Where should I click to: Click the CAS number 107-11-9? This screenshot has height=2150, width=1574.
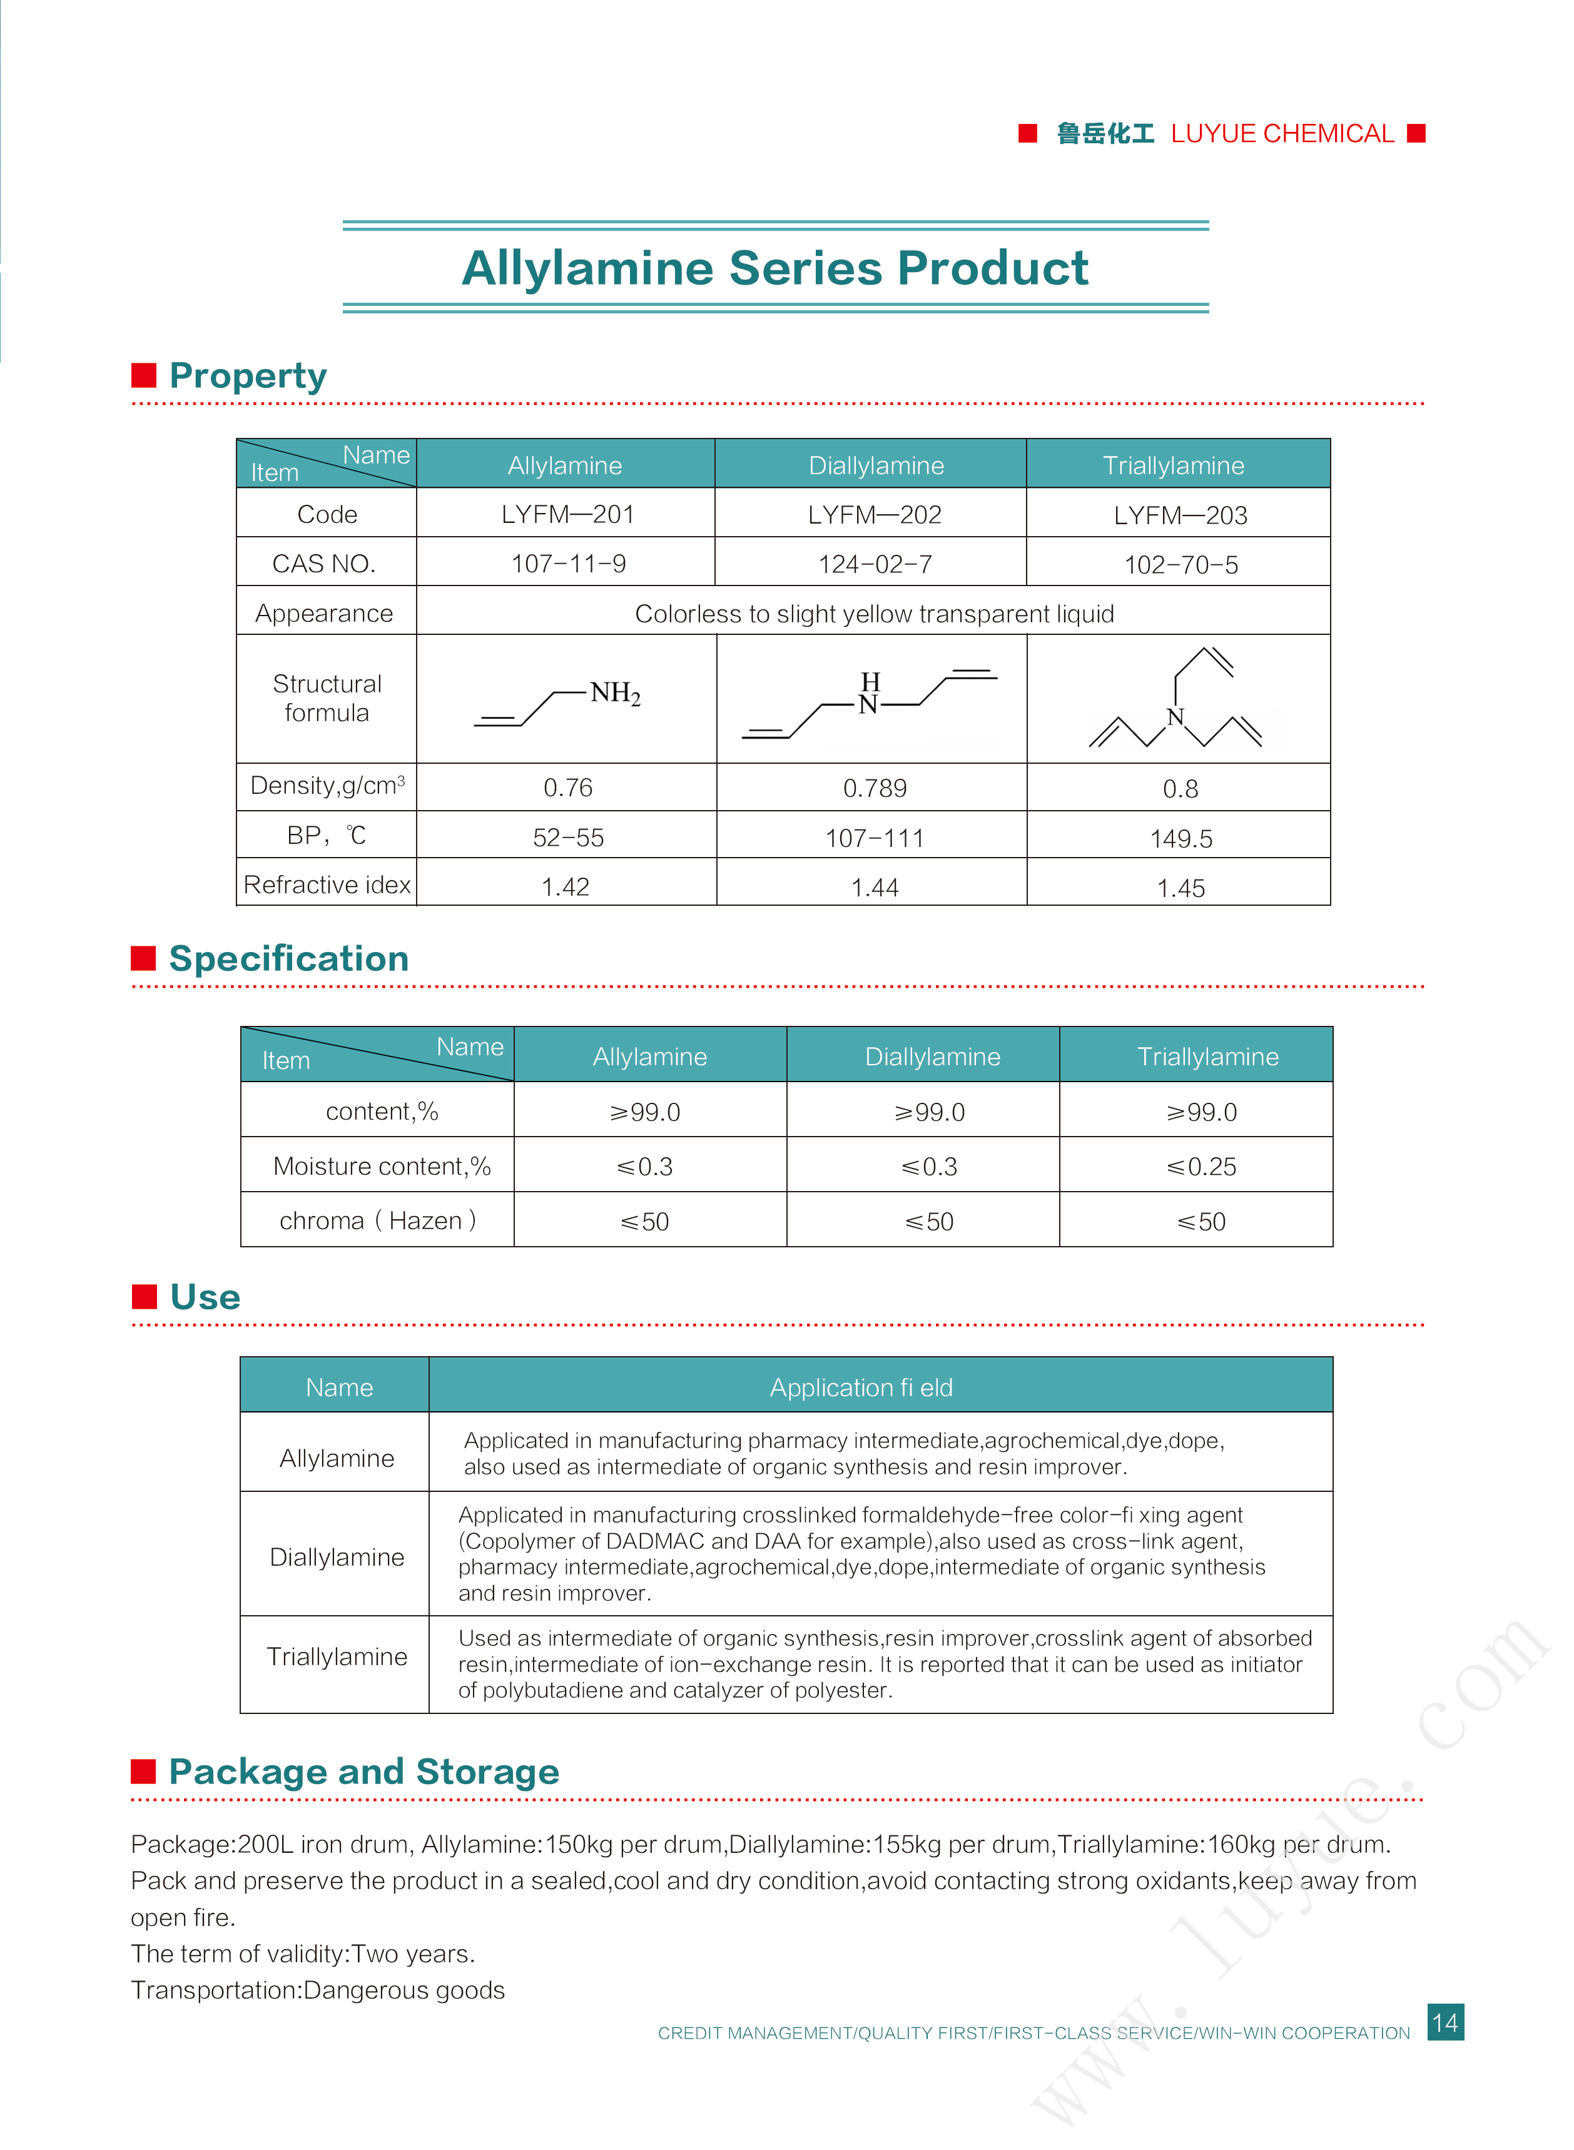tap(568, 564)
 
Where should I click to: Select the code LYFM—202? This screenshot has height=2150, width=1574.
tap(874, 515)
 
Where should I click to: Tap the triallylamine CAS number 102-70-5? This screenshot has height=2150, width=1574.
tap(1180, 565)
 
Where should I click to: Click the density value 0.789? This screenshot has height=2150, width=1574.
tap(874, 789)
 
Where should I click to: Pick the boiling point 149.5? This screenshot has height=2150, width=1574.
tap(1180, 839)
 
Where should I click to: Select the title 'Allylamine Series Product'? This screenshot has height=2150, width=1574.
tap(774, 268)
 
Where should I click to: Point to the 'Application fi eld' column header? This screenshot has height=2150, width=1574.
tap(860, 1388)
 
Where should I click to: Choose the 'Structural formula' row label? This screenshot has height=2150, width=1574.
tap(327, 698)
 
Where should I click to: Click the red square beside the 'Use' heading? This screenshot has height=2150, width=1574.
tap(144, 1297)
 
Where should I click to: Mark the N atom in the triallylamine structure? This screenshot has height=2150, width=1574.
tap(1175, 718)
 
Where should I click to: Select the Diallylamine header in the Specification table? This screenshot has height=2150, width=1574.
tap(932, 1057)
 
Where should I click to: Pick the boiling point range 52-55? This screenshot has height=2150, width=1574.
tap(568, 838)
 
